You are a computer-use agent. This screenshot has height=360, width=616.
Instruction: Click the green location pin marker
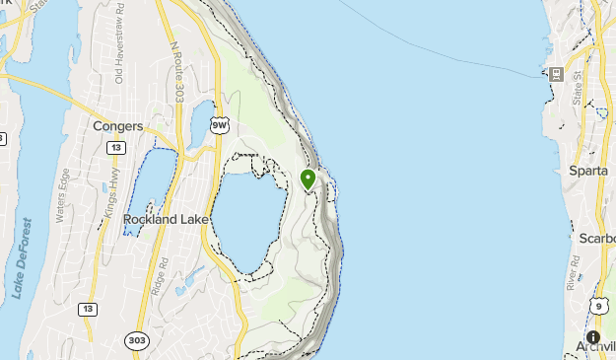point(308,179)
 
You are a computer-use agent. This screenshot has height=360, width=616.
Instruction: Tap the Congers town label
point(117,126)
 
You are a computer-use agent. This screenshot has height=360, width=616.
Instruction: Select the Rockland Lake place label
point(164,219)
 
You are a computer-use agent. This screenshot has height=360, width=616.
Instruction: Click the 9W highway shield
point(220,125)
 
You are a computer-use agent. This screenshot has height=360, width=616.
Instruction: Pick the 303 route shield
point(137,340)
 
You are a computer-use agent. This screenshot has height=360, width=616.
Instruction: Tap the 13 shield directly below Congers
point(116,148)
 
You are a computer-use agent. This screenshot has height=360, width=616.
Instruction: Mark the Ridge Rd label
point(165,273)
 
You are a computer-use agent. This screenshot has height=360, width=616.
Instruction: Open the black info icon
point(593,336)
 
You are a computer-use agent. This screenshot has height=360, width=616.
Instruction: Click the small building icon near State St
point(555,74)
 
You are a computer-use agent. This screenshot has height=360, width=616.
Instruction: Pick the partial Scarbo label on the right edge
point(596,239)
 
